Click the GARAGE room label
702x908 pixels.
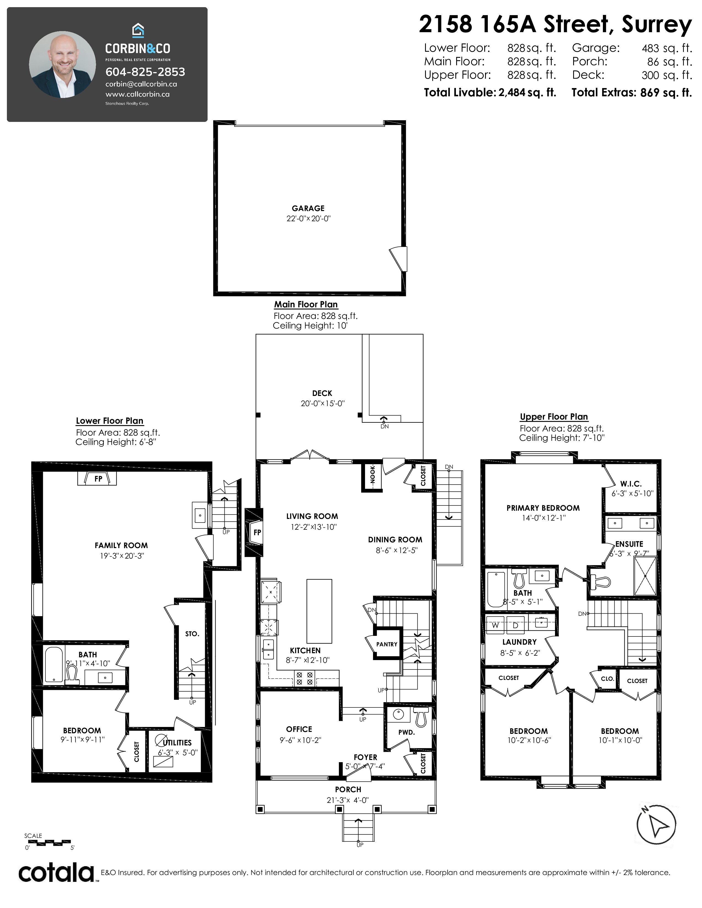pyautogui.click(x=308, y=208)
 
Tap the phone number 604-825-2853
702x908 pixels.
pyautogui.click(x=145, y=72)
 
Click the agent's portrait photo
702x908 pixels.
pyautogui.click(x=62, y=64)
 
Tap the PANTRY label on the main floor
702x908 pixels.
pyautogui.click(x=387, y=644)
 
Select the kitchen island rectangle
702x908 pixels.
pyautogui.click(x=319, y=611)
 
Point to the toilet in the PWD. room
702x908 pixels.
pyautogui.click(x=421, y=717)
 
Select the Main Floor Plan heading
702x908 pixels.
pyautogui.click(x=306, y=304)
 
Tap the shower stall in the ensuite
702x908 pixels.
pyautogui.click(x=645, y=576)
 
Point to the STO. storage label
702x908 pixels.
pyautogui.click(x=192, y=634)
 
